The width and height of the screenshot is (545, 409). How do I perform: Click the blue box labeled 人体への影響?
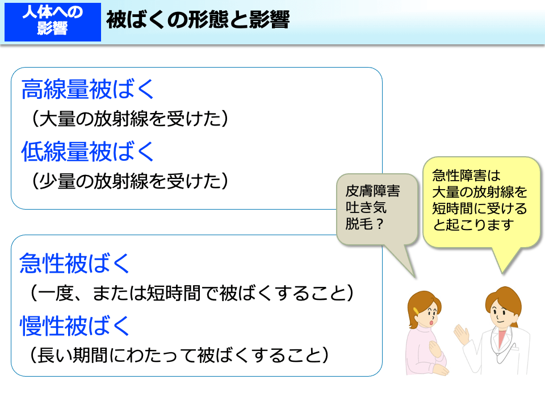point(52,22)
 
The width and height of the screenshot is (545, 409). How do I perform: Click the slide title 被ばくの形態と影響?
point(198,20)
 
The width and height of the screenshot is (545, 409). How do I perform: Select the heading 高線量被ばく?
point(87,89)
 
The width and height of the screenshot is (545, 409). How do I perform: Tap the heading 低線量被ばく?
point(87,151)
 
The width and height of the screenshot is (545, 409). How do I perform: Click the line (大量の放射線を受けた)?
point(130,119)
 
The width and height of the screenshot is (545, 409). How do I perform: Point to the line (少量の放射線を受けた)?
point(130,181)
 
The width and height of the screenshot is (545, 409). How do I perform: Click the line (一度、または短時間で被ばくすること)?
point(192,293)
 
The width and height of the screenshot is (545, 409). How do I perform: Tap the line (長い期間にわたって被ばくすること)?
point(179,355)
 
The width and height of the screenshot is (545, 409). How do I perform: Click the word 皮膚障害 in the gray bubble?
point(372,191)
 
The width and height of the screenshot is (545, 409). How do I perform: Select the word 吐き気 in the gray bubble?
point(366,207)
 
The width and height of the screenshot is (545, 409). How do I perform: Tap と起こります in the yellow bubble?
point(473,225)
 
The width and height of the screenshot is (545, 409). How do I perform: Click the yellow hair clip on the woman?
point(416,311)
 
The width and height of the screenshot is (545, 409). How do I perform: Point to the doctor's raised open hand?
point(462,335)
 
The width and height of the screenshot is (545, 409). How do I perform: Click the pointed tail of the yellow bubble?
point(502,273)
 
